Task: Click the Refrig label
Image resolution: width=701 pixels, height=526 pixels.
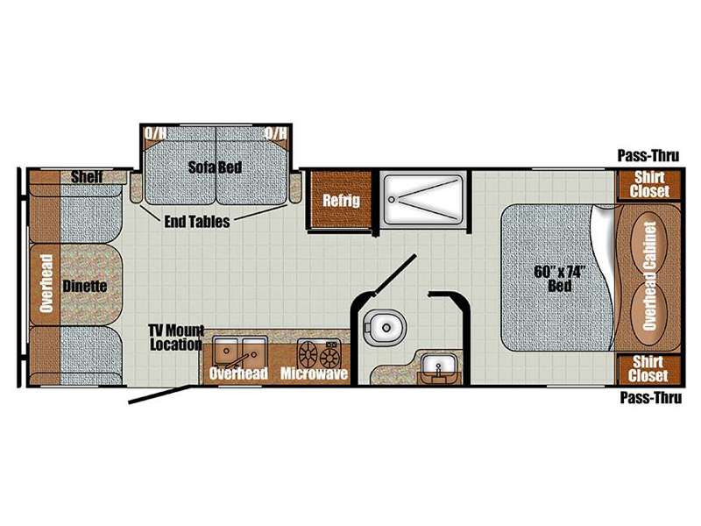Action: (x=341, y=201)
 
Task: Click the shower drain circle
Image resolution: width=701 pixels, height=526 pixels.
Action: (x=393, y=199)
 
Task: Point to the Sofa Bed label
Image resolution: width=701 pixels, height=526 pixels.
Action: (x=215, y=167)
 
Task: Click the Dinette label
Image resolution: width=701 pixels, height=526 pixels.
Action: (x=85, y=286)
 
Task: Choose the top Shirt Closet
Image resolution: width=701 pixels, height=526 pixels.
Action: (x=649, y=184)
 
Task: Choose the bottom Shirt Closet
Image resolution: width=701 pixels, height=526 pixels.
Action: (x=649, y=369)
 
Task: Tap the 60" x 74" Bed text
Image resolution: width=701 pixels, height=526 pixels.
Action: (x=559, y=278)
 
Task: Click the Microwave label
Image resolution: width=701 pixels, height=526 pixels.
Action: (x=314, y=373)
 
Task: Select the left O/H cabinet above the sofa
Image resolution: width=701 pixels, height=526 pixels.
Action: (x=155, y=134)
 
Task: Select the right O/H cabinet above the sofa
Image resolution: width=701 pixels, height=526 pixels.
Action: (x=276, y=134)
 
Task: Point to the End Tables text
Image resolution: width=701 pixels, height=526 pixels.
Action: (x=197, y=222)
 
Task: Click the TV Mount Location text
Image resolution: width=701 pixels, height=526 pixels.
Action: (x=177, y=338)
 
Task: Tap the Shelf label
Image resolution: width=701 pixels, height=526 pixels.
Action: (x=87, y=177)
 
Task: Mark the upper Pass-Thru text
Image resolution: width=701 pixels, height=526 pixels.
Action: (x=648, y=156)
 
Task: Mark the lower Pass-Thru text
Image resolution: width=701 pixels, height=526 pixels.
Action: (x=651, y=397)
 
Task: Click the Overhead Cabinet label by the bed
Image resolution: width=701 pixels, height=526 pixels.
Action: (x=649, y=276)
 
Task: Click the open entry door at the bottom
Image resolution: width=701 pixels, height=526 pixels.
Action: (x=164, y=394)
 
